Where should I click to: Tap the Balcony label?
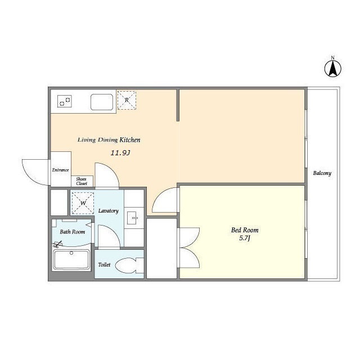322,173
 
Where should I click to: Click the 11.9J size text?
120,152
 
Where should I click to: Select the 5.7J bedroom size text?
245,238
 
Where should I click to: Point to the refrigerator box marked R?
127,100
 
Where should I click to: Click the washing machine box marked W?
83,203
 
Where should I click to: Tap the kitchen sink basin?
102,102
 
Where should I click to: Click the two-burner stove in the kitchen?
65,101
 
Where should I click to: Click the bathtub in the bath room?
71,259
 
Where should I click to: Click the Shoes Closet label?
82,181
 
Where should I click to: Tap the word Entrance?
60,170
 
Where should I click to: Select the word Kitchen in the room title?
130,139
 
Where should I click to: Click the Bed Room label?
245,230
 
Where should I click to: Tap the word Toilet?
104,264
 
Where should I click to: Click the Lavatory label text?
109,211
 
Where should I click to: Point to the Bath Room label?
73,232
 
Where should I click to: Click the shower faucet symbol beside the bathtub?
57,244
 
